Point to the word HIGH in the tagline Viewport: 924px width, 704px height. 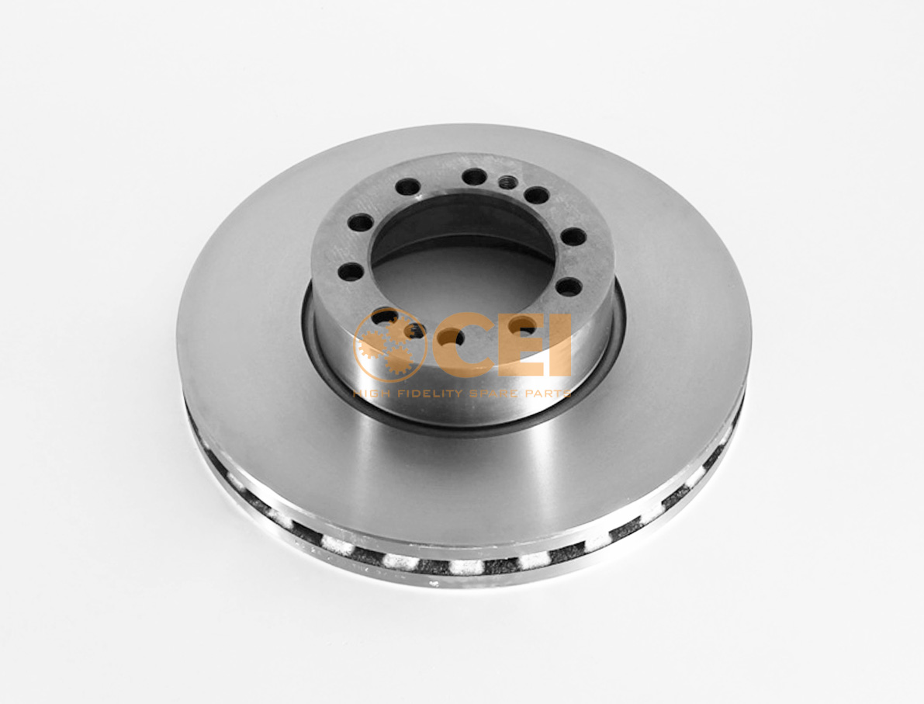[370, 394]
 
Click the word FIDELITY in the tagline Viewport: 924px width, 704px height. [427, 394]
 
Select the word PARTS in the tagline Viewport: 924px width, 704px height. [548, 394]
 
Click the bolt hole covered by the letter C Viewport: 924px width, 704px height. [452, 336]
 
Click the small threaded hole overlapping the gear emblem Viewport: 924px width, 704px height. [415, 331]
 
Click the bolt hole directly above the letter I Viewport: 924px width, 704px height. [569, 287]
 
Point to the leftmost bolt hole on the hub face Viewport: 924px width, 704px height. [351, 271]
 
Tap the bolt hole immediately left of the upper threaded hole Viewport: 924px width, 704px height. [473, 177]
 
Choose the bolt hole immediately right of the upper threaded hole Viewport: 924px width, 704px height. [535, 196]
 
